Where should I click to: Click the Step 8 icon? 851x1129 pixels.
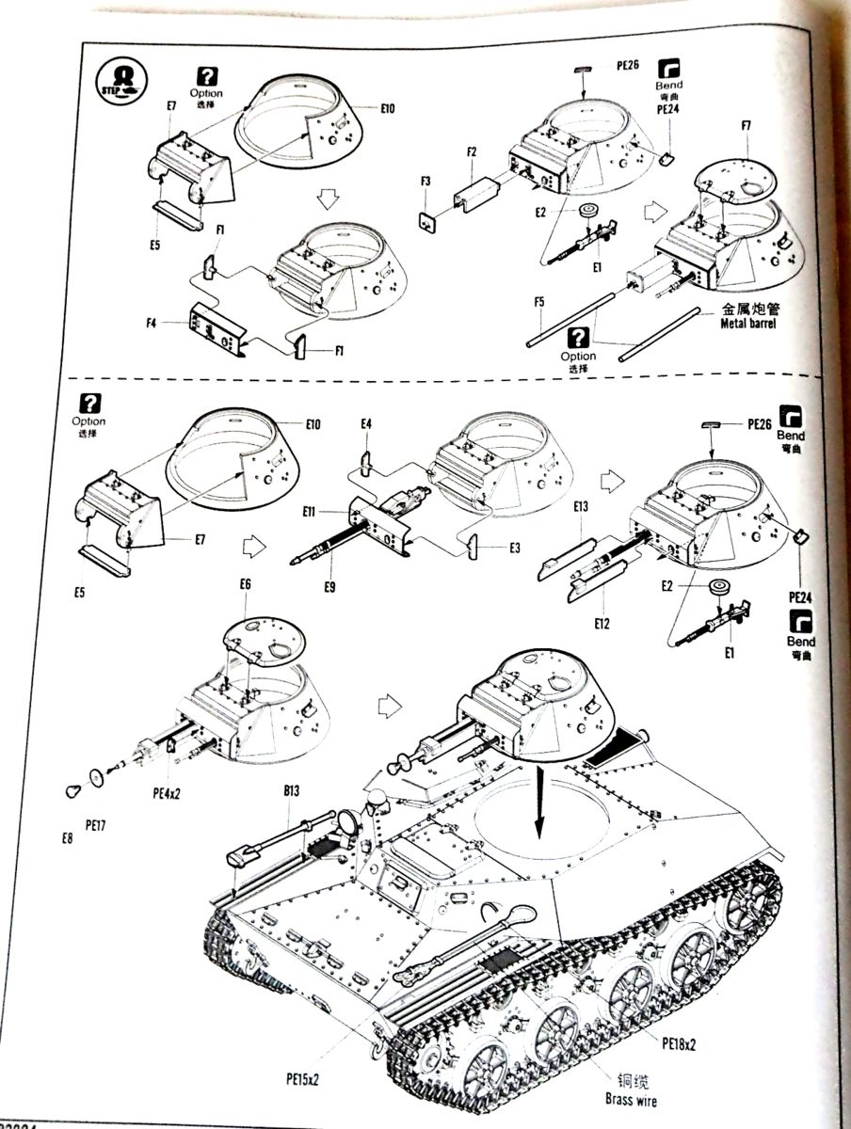[x=120, y=78]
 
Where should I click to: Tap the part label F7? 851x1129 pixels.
[x=746, y=125]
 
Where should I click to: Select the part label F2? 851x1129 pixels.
[x=472, y=151]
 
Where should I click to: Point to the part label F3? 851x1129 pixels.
[x=425, y=182]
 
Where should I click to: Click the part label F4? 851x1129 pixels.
[x=152, y=324]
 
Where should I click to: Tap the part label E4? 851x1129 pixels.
[x=366, y=424]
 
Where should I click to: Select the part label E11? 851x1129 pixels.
[x=311, y=513]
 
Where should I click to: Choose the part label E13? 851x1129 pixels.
[x=581, y=507]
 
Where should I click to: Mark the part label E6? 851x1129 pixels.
[x=246, y=584]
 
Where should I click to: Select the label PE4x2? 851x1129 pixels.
[x=166, y=792]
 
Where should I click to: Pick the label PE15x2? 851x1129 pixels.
[x=302, y=1078]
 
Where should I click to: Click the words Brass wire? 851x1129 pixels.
[x=631, y=1100]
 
